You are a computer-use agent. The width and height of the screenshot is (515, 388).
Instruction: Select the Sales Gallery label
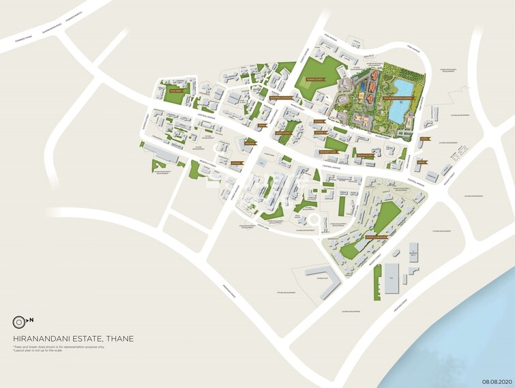(368, 155)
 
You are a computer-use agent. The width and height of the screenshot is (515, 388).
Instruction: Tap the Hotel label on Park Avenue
(423, 139)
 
